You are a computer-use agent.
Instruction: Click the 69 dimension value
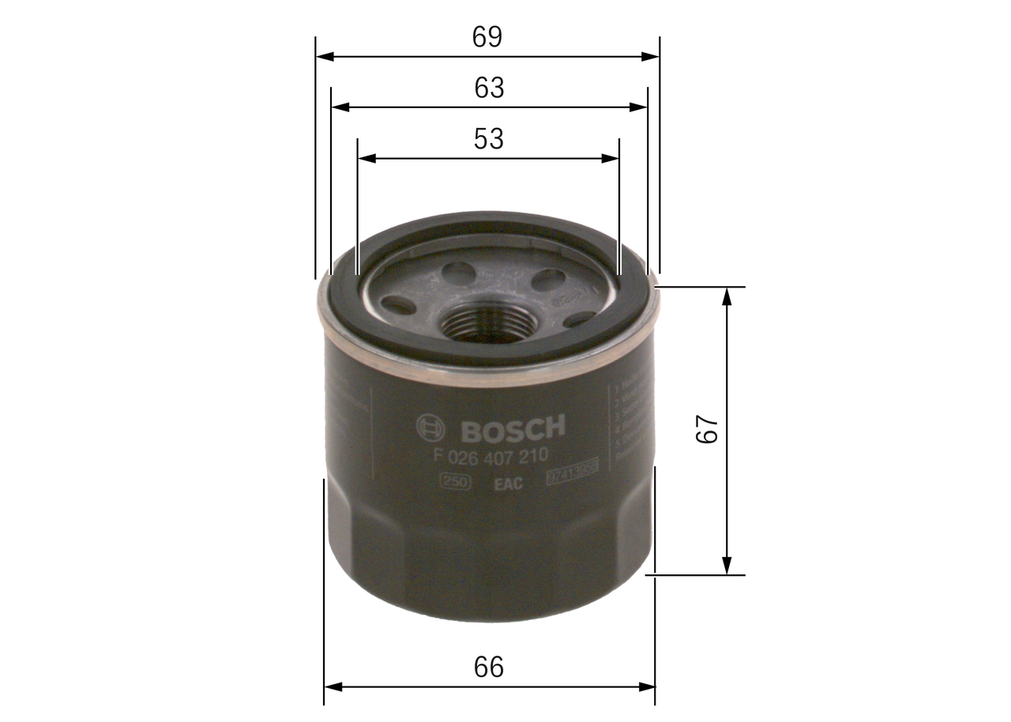(x=487, y=36)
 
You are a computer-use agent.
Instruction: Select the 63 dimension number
(x=489, y=88)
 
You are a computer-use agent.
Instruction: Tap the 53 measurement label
(x=488, y=139)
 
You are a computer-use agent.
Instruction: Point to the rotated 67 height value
(x=707, y=430)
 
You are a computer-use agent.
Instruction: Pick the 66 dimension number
(x=489, y=667)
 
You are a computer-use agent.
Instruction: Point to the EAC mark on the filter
(x=508, y=484)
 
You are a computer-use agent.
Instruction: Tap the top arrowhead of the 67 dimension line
(x=727, y=296)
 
